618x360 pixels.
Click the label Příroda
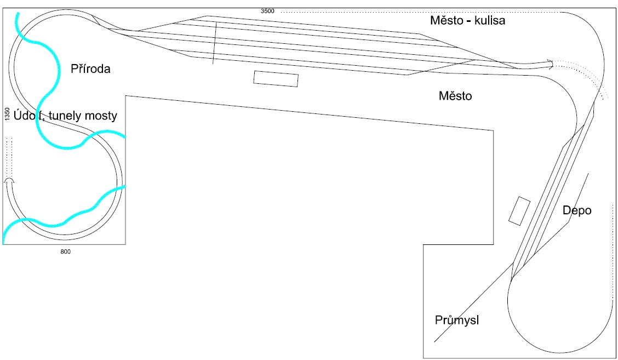90,68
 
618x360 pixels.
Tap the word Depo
576,210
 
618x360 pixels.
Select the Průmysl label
457,320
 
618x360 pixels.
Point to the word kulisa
490,20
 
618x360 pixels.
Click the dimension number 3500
267,11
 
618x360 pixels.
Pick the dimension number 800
65,252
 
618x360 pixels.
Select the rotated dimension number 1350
7,114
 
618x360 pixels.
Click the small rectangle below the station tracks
276,79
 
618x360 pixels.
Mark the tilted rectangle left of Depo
519,211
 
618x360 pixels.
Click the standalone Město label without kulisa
455,96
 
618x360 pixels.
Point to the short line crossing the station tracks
215,43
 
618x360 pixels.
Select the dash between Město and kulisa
469,21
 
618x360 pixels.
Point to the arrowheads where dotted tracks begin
550,64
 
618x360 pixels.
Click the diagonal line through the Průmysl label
473,302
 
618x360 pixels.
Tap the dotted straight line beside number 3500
420,12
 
